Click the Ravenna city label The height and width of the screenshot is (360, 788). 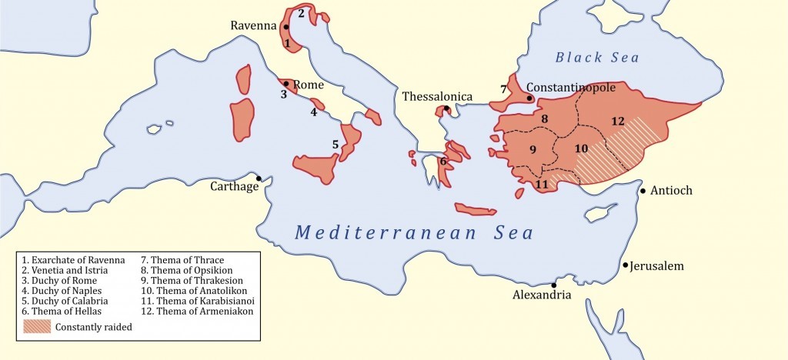click(x=253, y=25)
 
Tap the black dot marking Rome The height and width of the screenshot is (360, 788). click(x=286, y=84)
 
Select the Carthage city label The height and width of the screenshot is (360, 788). click(x=234, y=186)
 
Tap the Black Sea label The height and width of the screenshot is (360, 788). click(x=598, y=57)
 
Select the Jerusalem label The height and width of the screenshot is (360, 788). click(x=656, y=266)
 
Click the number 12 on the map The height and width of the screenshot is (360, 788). click(x=617, y=121)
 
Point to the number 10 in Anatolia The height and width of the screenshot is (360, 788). click(x=581, y=147)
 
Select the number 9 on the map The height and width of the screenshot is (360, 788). click(x=531, y=148)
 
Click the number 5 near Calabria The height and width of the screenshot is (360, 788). click(x=335, y=144)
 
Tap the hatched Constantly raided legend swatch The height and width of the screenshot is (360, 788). click(x=37, y=326)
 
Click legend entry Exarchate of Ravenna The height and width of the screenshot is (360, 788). click(x=73, y=260)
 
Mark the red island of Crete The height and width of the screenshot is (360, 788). click(x=478, y=209)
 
